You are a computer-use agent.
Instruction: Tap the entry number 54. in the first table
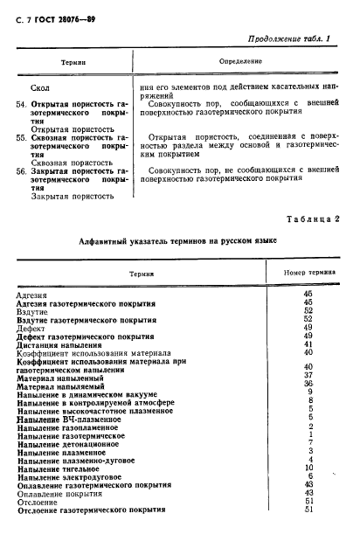coord(22,104)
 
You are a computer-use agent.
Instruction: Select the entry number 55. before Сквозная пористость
coord(22,138)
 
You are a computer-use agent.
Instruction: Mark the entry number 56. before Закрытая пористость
coord(22,172)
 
